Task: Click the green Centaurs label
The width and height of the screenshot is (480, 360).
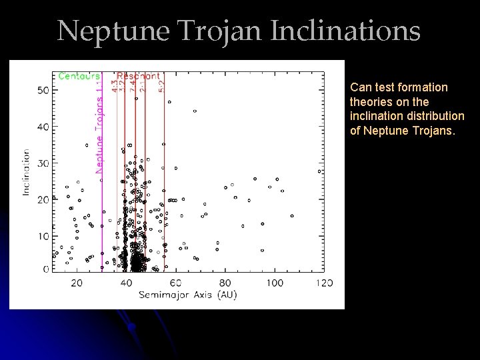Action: coord(79,76)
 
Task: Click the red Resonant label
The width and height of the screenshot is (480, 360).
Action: coord(138,75)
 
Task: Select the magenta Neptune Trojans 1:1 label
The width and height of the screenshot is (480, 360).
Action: coord(99,126)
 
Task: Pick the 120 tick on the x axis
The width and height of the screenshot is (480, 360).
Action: coord(324,283)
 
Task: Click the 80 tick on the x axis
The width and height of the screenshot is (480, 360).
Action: coord(225,283)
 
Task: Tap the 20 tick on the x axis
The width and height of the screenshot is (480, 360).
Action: coord(76,283)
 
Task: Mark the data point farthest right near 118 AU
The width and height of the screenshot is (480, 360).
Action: coord(319,171)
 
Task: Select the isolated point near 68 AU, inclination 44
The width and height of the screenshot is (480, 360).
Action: coord(195,111)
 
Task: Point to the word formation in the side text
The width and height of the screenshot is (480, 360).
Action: coord(426,87)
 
